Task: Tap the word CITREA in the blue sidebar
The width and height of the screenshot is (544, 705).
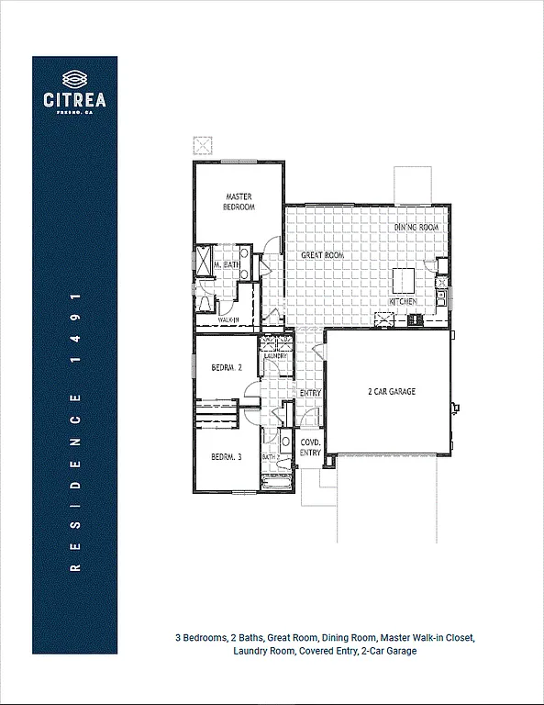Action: (74, 99)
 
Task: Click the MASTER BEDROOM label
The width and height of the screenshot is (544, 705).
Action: (239, 202)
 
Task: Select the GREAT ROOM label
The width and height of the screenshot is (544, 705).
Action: (322, 255)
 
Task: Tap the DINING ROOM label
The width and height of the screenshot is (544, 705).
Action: (416, 227)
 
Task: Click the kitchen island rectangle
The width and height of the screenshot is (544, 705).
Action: (405, 279)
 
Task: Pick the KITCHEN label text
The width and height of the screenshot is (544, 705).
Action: (404, 302)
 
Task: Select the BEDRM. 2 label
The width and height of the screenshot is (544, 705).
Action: (226, 367)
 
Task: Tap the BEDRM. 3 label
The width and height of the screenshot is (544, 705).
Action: (226, 457)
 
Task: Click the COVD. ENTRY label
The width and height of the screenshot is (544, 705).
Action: (311, 447)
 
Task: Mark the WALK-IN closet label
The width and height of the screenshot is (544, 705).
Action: (228, 319)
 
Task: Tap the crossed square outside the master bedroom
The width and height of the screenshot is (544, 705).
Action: (202, 145)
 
